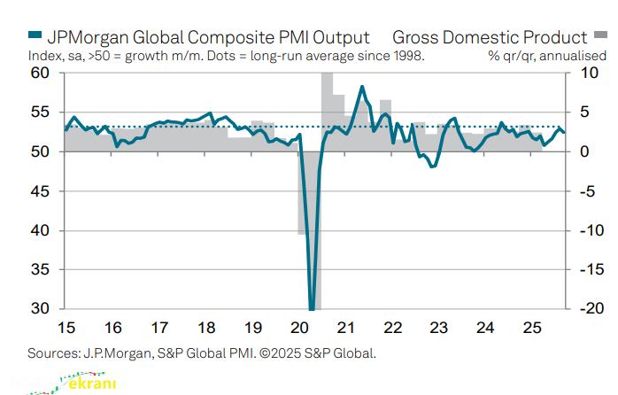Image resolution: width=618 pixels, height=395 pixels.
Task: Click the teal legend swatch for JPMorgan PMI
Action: (35, 36)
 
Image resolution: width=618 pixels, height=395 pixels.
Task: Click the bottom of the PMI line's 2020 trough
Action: (312, 308)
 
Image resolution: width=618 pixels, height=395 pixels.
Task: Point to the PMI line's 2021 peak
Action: (362, 87)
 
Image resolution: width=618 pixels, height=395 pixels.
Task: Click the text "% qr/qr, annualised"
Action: (539, 56)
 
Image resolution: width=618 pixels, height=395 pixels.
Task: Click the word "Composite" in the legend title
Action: (203, 37)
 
